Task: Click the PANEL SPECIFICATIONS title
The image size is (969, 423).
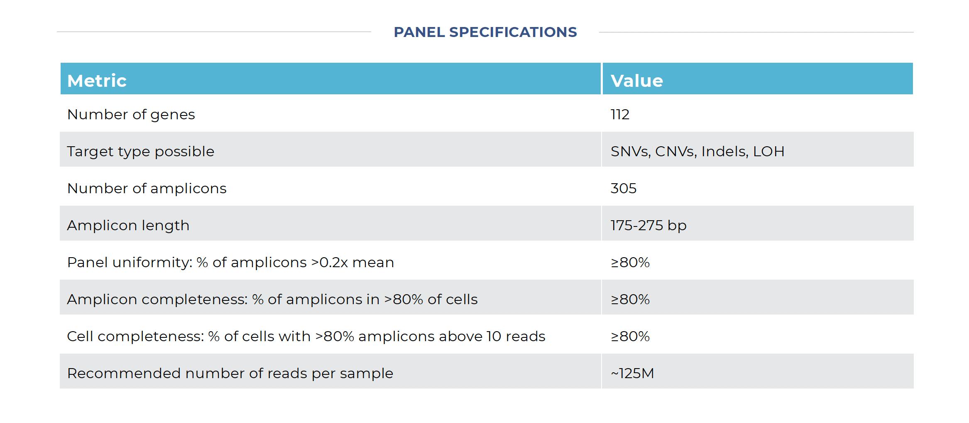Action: pyautogui.click(x=485, y=32)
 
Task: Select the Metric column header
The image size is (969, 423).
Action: pyautogui.click(x=97, y=81)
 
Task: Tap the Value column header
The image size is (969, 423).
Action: pyautogui.click(x=636, y=81)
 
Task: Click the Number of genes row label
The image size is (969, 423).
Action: pyautogui.click(x=131, y=114)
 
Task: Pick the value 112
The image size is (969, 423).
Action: pyautogui.click(x=620, y=114)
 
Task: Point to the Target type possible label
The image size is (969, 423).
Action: pyautogui.click(x=140, y=151)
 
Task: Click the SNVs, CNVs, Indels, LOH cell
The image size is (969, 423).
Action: pyautogui.click(x=697, y=151)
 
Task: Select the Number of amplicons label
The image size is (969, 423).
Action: pyautogui.click(x=147, y=188)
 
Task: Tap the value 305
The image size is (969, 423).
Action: pyautogui.click(x=623, y=188)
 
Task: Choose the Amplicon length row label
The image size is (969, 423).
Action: pyautogui.click(x=128, y=225)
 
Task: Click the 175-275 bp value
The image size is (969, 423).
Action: pyautogui.click(x=648, y=225)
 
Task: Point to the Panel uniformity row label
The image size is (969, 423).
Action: pyautogui.click(x=230, y=262)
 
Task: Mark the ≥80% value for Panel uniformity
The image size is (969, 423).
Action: pyautogui.click(x=630, y=262)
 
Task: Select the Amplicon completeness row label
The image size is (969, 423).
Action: pyautogui.click(x=272, y=299)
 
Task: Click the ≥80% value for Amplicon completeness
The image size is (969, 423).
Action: pyautogui.click(x=630, y=299)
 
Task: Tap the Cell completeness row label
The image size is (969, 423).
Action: pyautogui.click(x=306, y=336)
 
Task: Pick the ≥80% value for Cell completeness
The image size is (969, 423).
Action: pyautogui.click(x=630, y=336)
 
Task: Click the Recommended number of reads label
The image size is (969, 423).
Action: pyautogui.click(x=230, y=373)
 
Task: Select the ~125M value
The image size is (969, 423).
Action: pyautogui.click(x=632, y=373)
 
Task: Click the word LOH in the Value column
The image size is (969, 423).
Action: pyautogui.click(x=768, y=151)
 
